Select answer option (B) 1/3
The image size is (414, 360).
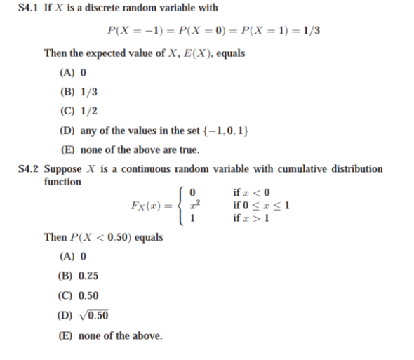[78, 91]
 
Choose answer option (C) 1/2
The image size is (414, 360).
[78, 111]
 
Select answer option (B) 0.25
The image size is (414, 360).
[80, 275]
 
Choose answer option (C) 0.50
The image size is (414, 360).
[80, 295]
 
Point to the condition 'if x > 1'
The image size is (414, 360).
[251, 217]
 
